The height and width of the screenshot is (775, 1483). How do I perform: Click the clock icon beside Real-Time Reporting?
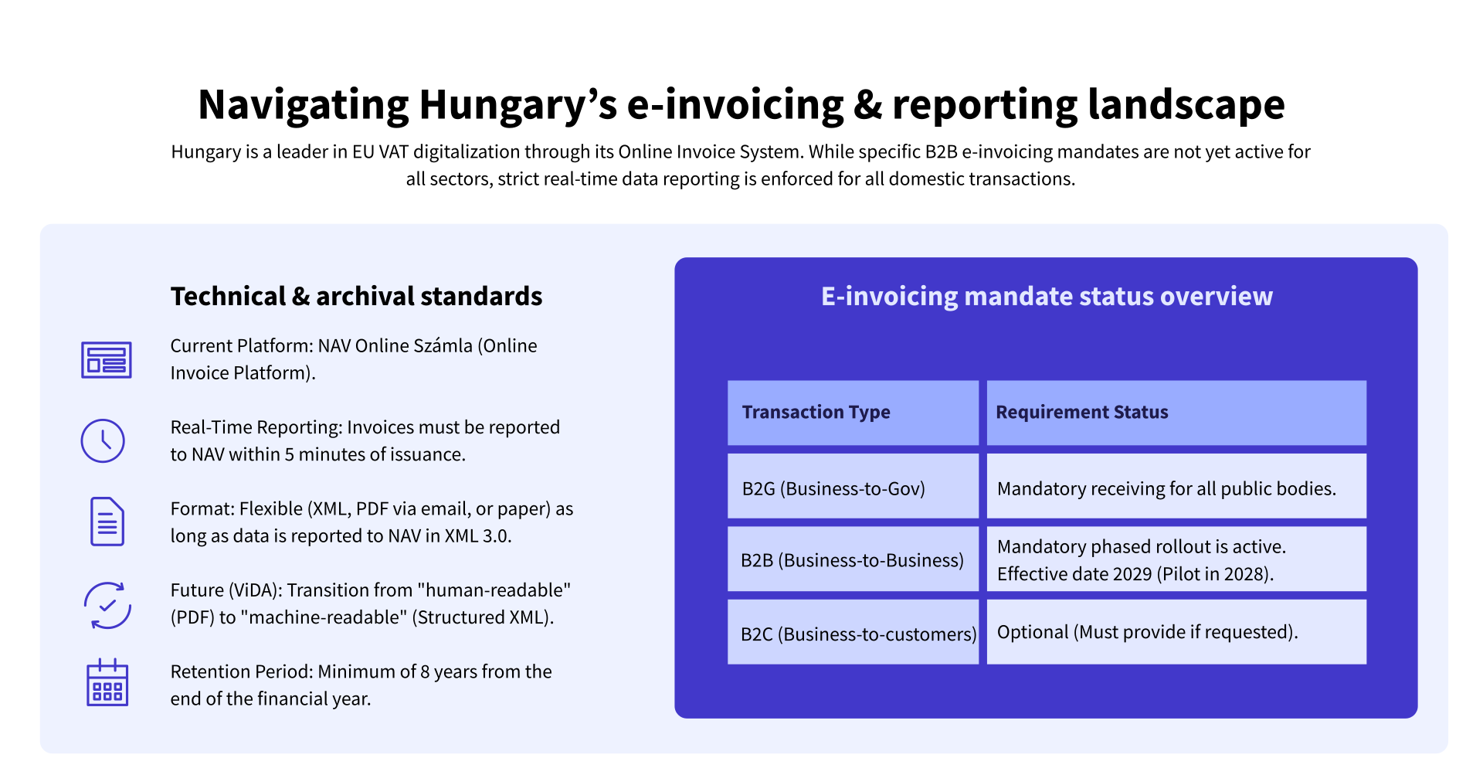(103, 441)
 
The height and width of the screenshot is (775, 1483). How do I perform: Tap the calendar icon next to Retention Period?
(107, 683)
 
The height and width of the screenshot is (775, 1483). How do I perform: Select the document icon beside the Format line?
(107, 522)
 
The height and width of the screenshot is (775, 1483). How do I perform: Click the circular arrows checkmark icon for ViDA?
(107, 605)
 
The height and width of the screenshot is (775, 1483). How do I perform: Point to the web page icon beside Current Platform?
(107, 360)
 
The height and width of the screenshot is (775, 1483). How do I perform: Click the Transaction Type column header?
(853, 413)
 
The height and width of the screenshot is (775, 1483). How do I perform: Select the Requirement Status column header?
(1176, 413)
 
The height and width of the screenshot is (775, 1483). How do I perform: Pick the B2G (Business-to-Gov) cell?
(853, 488)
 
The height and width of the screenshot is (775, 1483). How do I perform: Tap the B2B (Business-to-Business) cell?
(853, 560)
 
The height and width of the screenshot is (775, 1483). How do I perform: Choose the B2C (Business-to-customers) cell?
(853, 634)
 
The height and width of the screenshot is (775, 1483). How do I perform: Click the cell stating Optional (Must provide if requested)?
(1176, 632)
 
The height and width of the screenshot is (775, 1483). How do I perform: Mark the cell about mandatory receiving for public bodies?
(1176, 488)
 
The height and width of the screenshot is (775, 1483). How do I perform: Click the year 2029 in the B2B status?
(1132, 574)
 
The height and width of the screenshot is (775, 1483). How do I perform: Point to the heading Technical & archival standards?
(356, 297)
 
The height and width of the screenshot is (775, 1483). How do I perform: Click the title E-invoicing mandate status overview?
(1047, 297)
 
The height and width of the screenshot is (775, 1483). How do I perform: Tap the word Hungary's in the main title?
(518, 105)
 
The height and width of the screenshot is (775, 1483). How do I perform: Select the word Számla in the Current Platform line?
(443, 346)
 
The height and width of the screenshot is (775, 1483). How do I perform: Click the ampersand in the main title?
(868, 105)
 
